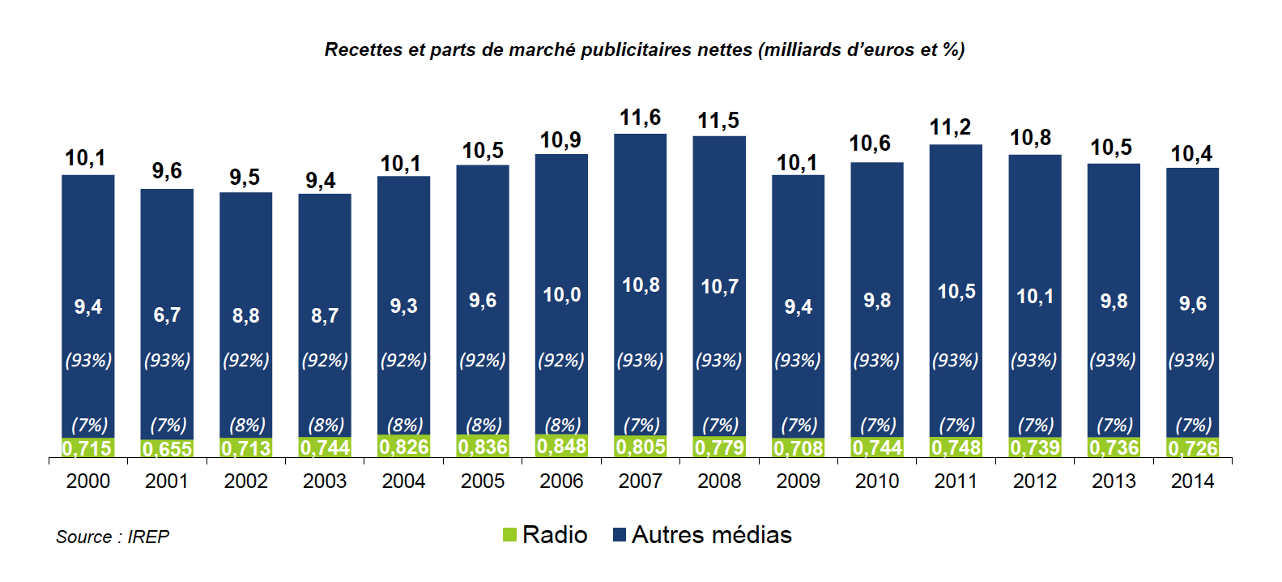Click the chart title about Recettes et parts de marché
point(644,50)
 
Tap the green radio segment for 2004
point(403,447)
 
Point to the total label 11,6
point(640,118)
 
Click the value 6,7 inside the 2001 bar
point(167,315)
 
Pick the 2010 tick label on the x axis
point(877,481)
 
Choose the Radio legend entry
point(545,535)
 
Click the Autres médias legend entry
point(702,535)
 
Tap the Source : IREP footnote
point(113,537)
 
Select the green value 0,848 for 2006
point(561,447)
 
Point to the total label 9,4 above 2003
point(321,180)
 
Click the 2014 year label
point(1192,481)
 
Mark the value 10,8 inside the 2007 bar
point(641,285)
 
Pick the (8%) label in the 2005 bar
point(483,425)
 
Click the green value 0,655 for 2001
point(167,449)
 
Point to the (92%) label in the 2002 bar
point(245,360)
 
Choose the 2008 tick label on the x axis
point(719,481)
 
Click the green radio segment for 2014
point(1192,448)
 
